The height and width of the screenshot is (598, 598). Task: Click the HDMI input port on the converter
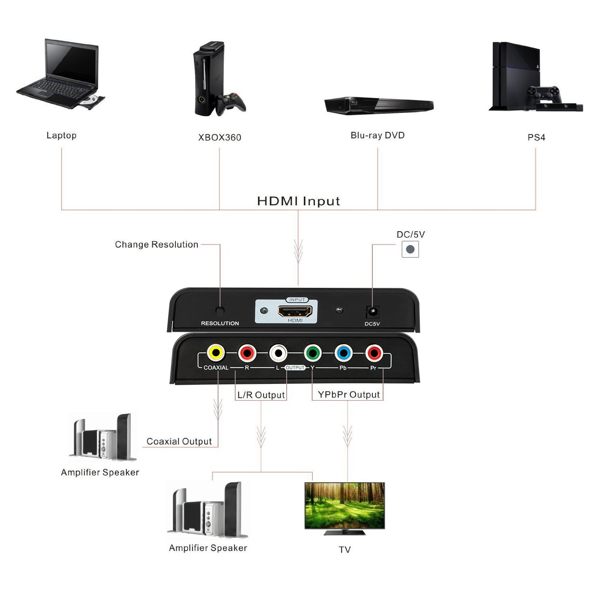point(295,311)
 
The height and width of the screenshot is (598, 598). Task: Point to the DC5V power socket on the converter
point(372,311)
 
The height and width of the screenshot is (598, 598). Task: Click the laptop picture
point(61,75)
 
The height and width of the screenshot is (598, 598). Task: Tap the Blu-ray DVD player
point(379,105)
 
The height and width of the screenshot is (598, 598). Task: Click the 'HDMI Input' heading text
point(298,201)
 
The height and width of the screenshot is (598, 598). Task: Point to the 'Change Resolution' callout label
point(156,244)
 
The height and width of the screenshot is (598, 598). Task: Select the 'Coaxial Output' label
point(179,441)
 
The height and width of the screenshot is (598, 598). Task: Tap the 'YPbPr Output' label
point(349,394)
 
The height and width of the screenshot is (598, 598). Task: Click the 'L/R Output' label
point(261,395)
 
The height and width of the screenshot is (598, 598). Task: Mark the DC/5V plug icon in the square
point(410,250)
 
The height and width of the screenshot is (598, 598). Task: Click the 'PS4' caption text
point(536,138)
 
